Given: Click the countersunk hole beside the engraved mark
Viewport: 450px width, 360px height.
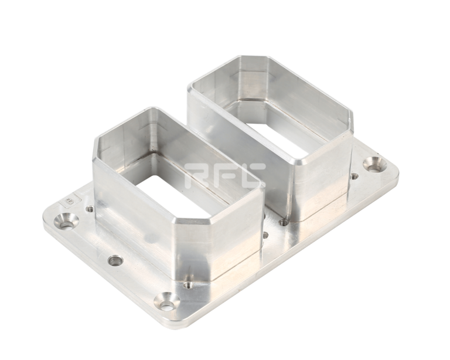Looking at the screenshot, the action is (67, 221).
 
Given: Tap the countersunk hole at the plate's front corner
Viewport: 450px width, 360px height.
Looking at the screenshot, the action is (166, 303).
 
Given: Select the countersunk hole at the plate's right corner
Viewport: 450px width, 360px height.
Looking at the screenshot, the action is (375, 165).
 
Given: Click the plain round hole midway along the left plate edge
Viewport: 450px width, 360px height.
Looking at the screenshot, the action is (115, 261).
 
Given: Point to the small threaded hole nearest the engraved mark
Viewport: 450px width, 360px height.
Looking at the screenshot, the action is (90, 209).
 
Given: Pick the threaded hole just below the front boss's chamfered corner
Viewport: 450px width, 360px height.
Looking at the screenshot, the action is (187, 285).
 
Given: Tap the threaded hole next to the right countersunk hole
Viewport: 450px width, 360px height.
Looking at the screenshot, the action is (354, 176).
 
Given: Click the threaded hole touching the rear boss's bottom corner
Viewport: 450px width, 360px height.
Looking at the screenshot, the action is (284, 222).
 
